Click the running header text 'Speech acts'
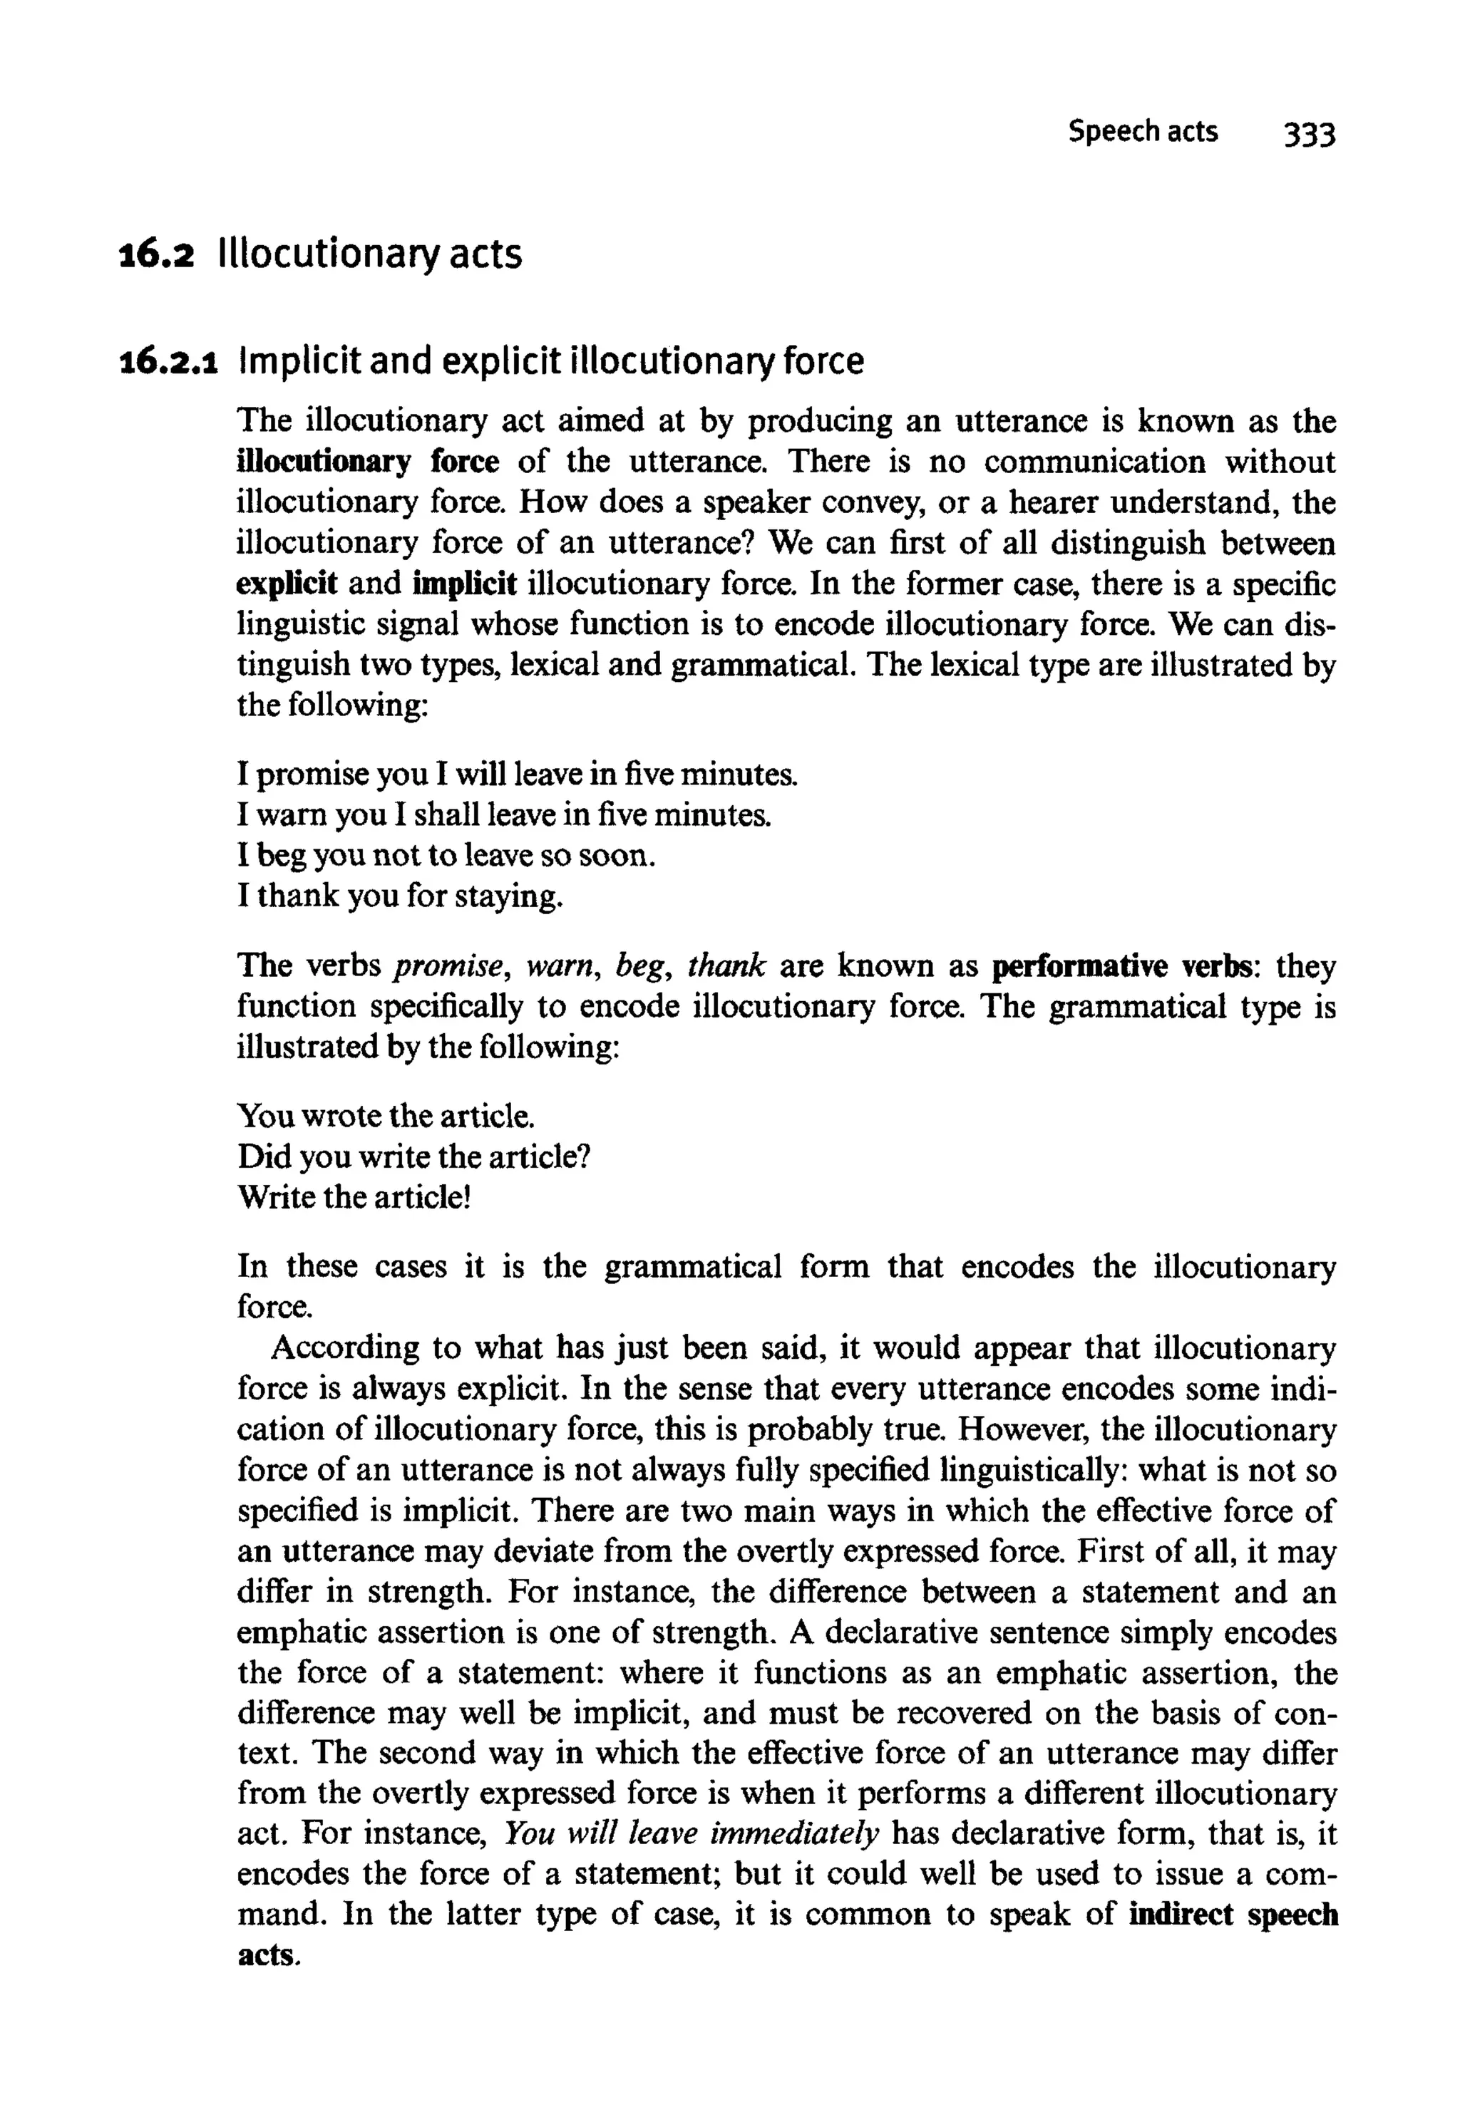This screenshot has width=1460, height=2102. (1143, 132)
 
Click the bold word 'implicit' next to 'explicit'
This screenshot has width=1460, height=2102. (466, 584)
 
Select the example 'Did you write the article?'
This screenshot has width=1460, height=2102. (413, 1156)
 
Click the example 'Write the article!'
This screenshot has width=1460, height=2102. (354, 1197)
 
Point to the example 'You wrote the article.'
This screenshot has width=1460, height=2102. (385, 1117)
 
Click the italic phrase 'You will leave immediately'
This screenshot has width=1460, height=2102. (692, 1834)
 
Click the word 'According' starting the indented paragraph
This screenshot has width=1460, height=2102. (345, 1349)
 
